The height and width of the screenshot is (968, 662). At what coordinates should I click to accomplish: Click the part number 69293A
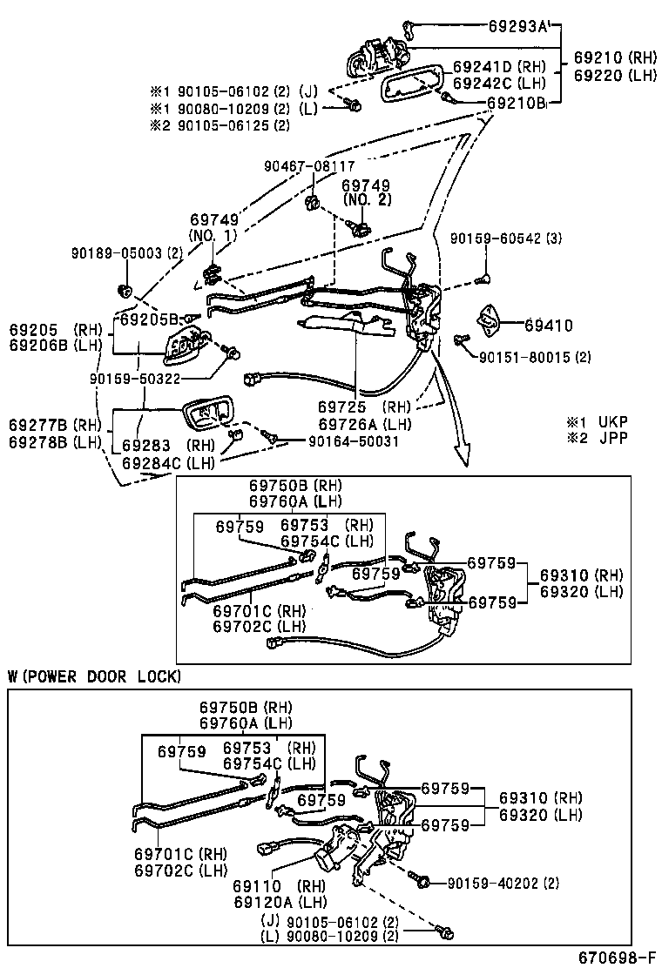point(517,28)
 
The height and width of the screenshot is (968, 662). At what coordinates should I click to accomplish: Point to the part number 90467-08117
point(309,165)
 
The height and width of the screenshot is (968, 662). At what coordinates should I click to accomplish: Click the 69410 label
point(549,326)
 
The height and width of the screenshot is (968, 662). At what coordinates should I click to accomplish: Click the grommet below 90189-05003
point(123,289)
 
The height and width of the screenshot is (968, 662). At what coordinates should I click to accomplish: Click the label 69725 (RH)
point(363,407)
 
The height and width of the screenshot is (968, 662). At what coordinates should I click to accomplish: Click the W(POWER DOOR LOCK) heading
point(94,676)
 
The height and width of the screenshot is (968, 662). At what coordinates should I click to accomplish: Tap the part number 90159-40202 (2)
point(503,883)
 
